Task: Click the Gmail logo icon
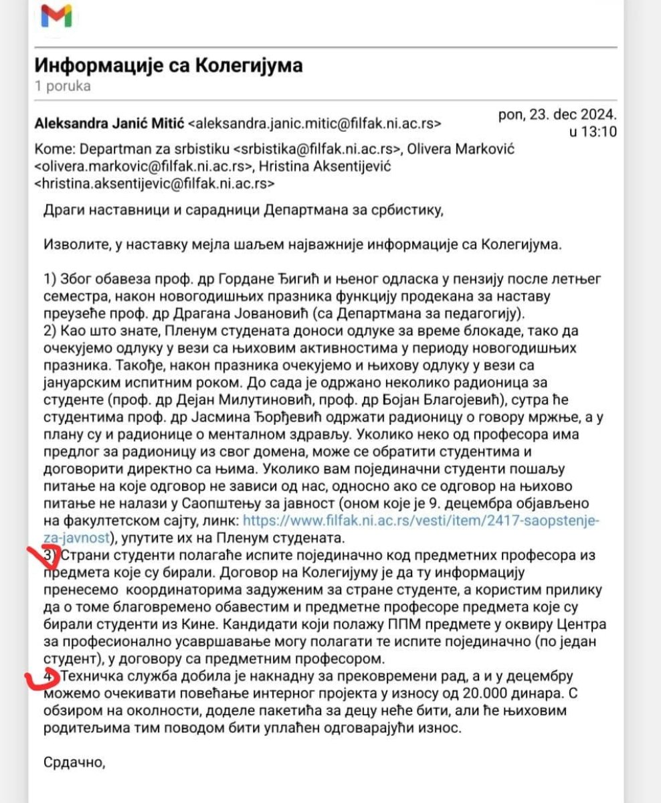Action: (x=57, y=15)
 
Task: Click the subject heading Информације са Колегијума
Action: (x=168, y=66)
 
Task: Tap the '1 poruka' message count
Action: (x=62, y=86)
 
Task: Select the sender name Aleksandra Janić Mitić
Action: (x=109, y=124)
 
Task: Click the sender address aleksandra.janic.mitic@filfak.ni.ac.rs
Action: (x=315, y=124)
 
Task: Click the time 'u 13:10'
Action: (x=592, y=131)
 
